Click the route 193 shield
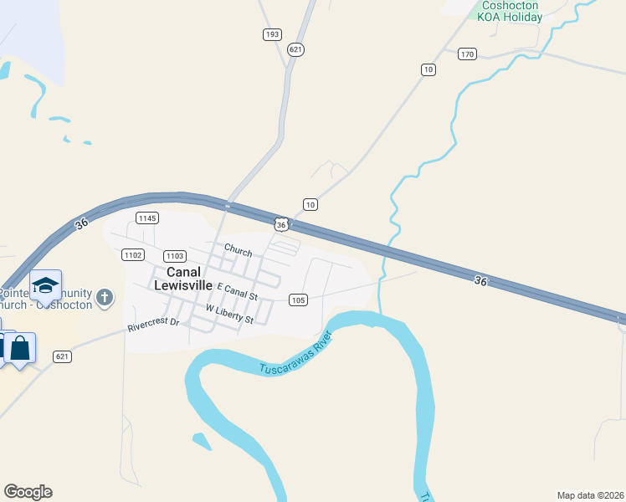(x=271, y=34)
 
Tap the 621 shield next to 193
(x=295, y=49)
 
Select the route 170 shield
(x=467, y=54)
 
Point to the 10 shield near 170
(x=428, y=69)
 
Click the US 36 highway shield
(x=281, y=224)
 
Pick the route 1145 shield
(x=146, y=218)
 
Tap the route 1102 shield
(x=133, y=254)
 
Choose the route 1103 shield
(x=175, y=256)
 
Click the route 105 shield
(x=297, y=299)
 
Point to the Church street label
(x=238, y=250)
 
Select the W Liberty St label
(x=229, y=315)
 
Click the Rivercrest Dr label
(x=154, y=324)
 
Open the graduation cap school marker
(x=45, y=286)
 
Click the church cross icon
(x=104, y=297)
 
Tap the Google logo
(x=28, y=492)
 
